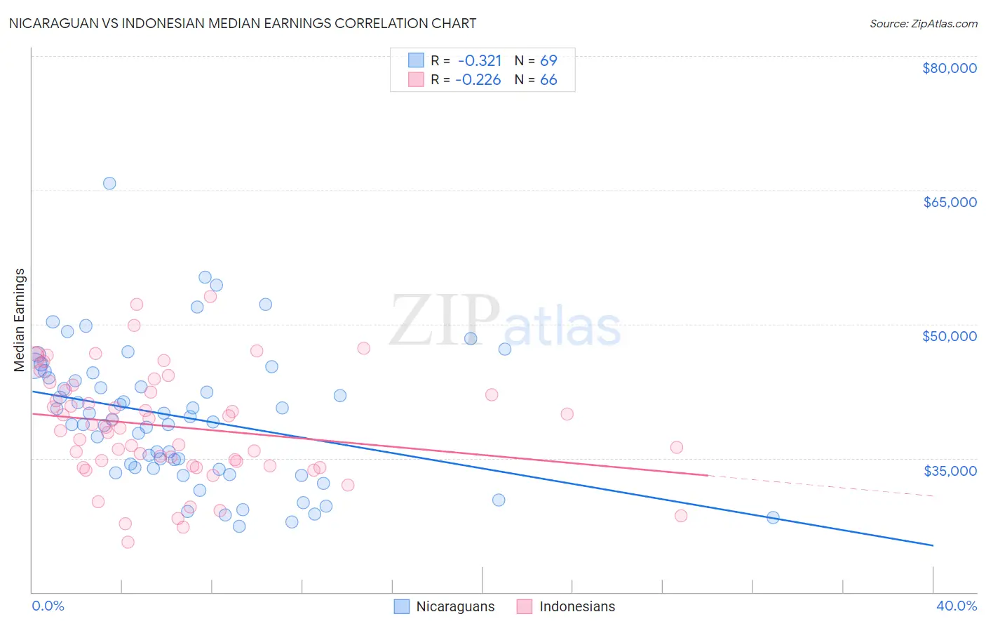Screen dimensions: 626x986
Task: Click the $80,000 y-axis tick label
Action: tap(949, 68)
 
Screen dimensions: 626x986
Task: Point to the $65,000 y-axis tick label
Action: tap(949, 202)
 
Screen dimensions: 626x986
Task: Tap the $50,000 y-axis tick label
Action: tap(949, 336)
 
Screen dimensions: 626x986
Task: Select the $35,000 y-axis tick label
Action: tap(949, 470)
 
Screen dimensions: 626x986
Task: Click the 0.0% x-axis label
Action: tap(48, 606)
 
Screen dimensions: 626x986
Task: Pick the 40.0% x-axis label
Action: tap(956, 606)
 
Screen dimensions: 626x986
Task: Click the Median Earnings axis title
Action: tap(20, 319)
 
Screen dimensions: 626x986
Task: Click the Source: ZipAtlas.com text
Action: tap(923, 24)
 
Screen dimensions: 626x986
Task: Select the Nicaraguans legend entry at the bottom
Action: tap(445, 606)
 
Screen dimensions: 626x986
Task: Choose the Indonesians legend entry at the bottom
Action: tap(566, 606)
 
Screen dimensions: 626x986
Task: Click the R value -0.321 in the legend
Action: tap(480, 60)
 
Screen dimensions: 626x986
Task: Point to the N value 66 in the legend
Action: tap(548, 80)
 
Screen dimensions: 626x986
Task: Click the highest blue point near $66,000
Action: tap(109, 183)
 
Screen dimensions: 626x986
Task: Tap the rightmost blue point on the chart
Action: tap(773, 517)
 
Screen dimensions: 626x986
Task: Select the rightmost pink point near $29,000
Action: tap(680, 516)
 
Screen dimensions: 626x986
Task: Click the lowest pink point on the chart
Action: tap(128, 542)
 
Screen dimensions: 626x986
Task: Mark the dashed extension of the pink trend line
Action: tap(820, 486)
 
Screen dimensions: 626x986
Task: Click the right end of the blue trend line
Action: tap(932, 545)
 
